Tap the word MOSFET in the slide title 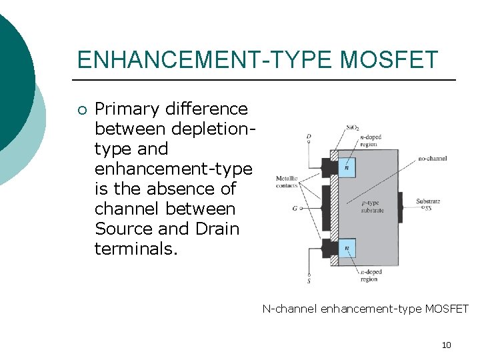pos(389,60)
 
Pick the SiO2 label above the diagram pos(353,127)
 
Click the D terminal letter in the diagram pos(308,137)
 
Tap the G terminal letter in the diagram pos(294,208)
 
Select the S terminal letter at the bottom pos(308,281)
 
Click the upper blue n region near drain pos(347,167)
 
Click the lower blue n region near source pos(347,248)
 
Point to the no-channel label pos(433,159)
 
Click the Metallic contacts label pos(287,182)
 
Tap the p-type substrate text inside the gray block pos(372,207)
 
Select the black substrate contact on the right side pos(401,207)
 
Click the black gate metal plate pos(326,207)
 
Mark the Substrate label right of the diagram pos(428,201)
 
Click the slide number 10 pos(446,345)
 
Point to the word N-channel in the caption pos(289,309)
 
